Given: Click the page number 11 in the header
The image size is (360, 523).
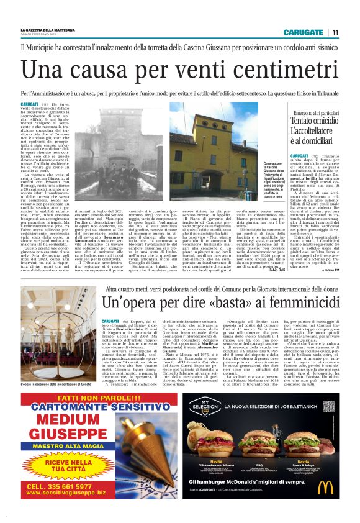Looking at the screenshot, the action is [335, 32].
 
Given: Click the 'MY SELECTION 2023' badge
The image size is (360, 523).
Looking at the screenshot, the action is [206, 409].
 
